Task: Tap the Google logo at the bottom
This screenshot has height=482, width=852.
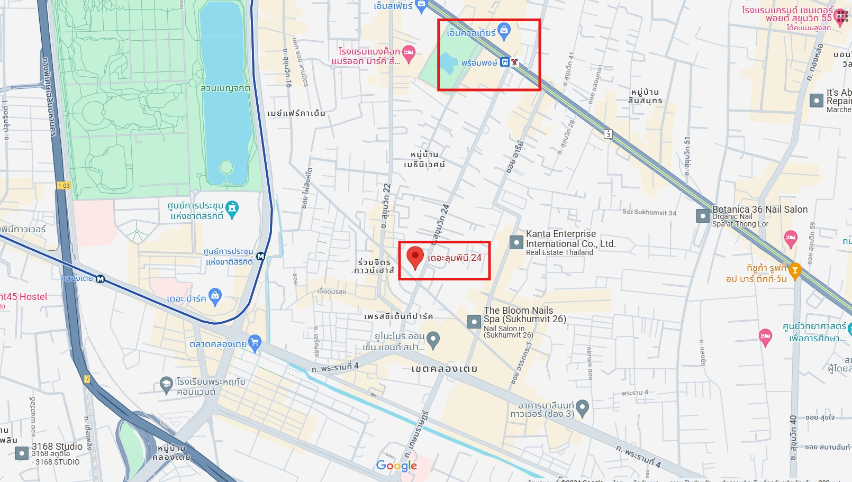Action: point(396,466)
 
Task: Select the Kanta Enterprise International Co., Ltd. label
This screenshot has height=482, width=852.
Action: point(570,239)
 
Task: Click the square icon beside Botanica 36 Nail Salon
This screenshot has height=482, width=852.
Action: point(702,216)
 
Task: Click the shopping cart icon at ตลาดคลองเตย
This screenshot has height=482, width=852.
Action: point(255,343)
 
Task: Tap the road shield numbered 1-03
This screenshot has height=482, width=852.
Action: point(64,186)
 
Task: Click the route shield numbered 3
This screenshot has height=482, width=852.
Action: point(609,134)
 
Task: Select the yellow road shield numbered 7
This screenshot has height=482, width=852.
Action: point(87,379)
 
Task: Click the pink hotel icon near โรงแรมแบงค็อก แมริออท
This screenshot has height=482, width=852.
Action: point(409,52)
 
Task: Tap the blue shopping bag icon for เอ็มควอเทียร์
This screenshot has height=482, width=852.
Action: point(504,30)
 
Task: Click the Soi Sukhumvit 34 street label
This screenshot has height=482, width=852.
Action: point(649,212)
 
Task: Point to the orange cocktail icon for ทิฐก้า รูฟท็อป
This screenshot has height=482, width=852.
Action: point(794,270)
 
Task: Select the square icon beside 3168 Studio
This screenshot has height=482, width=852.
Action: point(22,453)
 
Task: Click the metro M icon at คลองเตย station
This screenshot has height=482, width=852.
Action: point(101,279)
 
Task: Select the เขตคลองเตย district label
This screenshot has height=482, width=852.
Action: point(444,369)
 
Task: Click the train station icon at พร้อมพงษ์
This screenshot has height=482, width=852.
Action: point(505,62)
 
